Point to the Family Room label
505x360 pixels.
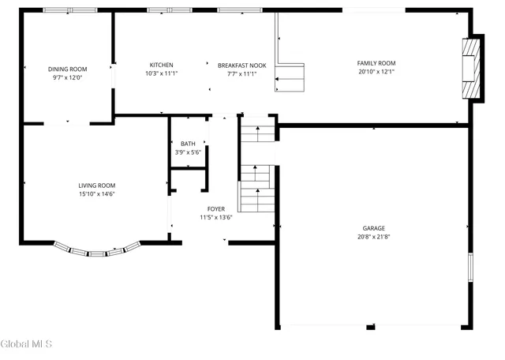point(376,63)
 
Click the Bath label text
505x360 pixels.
point(188,143)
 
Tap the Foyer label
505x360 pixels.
point(215,208)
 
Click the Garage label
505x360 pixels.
point(375,227)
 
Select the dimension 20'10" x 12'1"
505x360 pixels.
point(376,72)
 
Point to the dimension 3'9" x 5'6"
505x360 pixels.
point(188,151)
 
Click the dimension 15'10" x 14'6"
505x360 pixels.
point(97,194)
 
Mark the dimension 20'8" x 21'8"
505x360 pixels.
point(375,236)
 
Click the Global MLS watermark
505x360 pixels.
point(26,344)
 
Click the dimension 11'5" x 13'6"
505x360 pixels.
point(215,217)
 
